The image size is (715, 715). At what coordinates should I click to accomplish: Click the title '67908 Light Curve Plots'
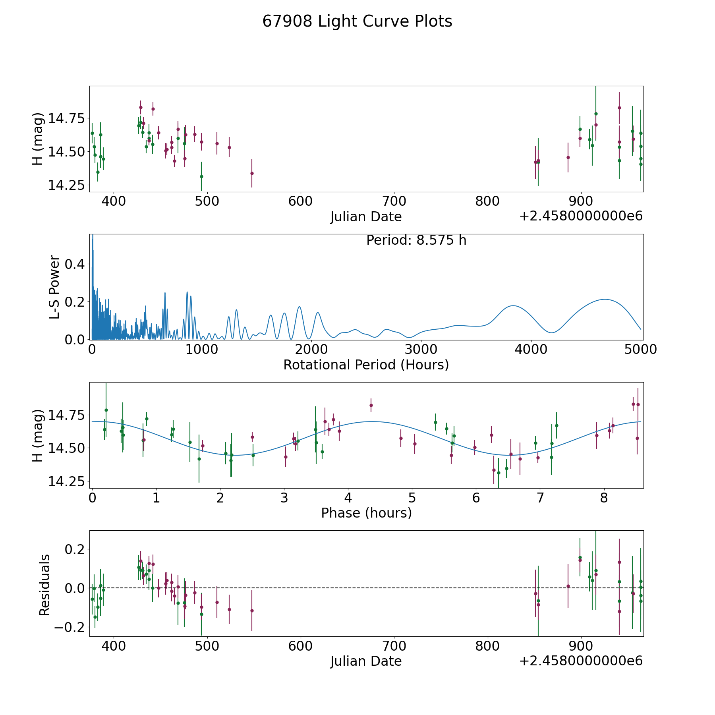[x=357, y=21]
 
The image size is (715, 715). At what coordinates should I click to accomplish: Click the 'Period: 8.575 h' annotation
[x=416, y=240]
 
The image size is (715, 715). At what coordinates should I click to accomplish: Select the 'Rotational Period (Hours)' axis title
[x=366, y=365]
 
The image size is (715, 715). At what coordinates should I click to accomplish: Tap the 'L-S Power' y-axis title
[x=55, y=287]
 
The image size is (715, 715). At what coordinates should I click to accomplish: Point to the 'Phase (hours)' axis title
[x=366, y=513]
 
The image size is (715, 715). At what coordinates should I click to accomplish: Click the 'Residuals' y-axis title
[x=44, y=585]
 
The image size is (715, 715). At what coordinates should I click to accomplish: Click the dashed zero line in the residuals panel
[x=366, y=588]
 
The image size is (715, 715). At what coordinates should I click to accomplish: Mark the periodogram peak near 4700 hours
[x=605, y=299]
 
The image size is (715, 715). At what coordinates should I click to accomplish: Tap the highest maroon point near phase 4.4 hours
[x=371, y=405]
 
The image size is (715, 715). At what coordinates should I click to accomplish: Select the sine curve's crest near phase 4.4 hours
[x=372, y=421]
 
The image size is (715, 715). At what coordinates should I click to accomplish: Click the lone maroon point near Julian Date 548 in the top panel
[x=252, y=173]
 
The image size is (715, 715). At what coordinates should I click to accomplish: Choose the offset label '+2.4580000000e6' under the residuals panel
[x=581, y=661]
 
